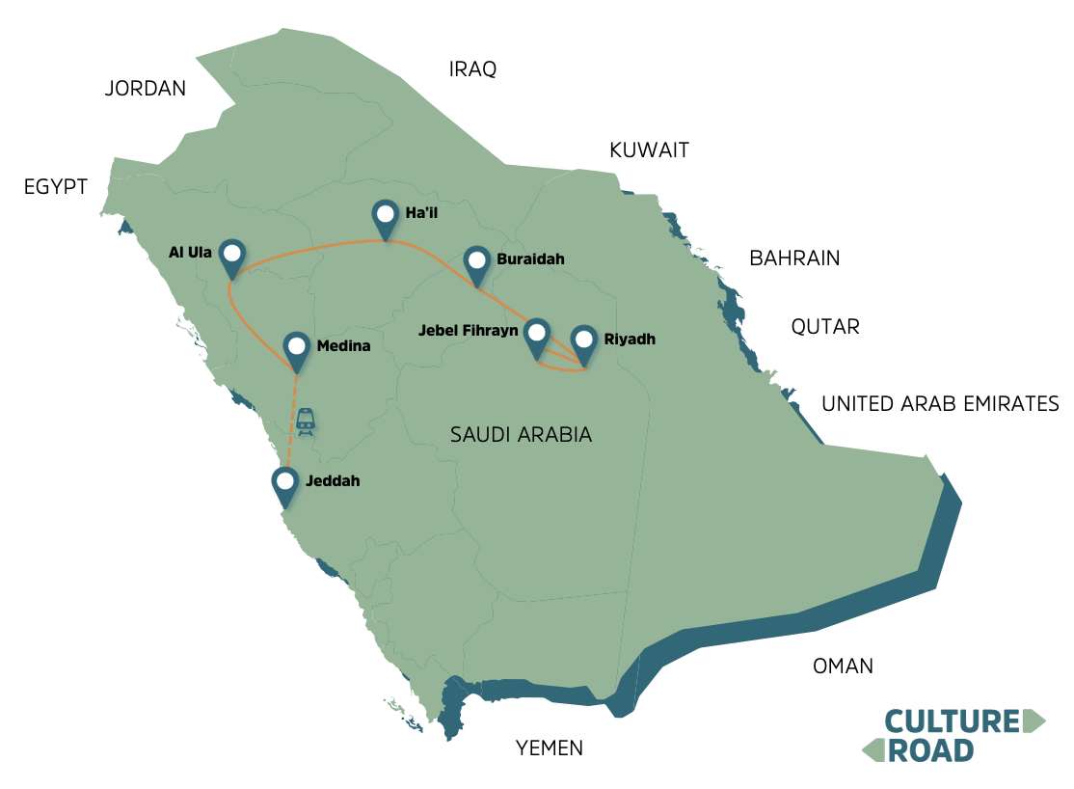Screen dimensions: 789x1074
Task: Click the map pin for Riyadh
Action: coord(582,343)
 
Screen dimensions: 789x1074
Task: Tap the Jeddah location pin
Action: coord(284,484)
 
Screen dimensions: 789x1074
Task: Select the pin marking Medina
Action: coord(297,349)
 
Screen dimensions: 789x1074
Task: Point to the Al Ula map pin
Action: coord(231,257)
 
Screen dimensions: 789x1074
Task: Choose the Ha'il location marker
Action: coord(386,218)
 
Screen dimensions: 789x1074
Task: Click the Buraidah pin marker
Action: coord(475,263)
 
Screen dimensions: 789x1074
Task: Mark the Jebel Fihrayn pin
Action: coord(536,338)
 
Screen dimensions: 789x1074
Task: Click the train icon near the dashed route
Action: coord(306,421)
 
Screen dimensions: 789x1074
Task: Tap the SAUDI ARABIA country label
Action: coord(521,435)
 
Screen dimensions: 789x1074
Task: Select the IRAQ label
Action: coord(472,69)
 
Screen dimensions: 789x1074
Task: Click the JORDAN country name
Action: coord(145,89)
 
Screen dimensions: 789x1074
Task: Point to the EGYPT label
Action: coord(56,187)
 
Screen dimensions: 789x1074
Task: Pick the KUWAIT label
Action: coord(649,150)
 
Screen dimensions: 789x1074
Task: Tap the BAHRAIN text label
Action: coord(794,258)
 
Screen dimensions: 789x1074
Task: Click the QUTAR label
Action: coord(824,326)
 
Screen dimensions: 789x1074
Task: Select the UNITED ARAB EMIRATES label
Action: coord(940,404)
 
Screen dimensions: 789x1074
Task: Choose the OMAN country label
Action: coord(843,666)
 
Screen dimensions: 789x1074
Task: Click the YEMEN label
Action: coord(550,748)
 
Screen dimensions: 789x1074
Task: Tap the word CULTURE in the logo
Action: coord(953,721)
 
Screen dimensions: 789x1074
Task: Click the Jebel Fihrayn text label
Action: coord(468,330)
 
